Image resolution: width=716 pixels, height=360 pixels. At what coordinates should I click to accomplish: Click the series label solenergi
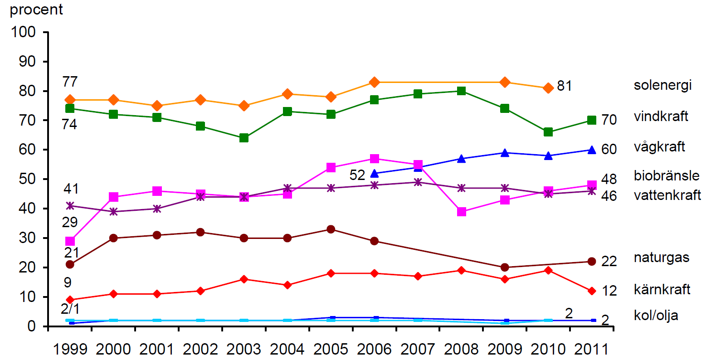click(662, 85)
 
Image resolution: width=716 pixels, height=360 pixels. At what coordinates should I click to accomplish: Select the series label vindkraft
click(661, 117)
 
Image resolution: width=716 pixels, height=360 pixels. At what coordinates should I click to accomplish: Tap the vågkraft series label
click(659, 147)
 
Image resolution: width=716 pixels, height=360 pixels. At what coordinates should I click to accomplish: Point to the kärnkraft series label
click(662, 289)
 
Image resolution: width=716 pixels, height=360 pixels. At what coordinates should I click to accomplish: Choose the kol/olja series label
click(656, 316)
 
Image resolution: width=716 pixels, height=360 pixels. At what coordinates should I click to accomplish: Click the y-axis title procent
click(36, 10)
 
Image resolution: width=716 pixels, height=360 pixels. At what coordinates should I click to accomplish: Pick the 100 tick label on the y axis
click(23, 32)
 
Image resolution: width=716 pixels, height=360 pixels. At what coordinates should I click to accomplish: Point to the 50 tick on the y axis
click(27, 179)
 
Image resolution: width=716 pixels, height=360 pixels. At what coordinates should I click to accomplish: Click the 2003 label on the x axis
click(244, 349)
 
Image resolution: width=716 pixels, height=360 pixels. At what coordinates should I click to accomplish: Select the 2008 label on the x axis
click(461, 349)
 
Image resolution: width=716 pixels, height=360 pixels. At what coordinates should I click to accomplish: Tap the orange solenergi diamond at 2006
click(374, 82)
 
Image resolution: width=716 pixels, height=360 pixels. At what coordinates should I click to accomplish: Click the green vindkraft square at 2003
click(244, 138)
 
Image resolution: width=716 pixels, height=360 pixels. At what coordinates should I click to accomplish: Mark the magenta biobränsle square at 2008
click(461, 212)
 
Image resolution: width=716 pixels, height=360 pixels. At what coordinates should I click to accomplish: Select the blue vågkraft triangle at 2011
click(592, 150)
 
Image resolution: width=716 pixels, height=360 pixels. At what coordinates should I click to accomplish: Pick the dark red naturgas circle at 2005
click(331, 229)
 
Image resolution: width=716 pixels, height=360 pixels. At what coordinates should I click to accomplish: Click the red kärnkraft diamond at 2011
click(592, 291)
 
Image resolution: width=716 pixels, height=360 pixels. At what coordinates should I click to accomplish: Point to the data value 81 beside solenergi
click(564, 86)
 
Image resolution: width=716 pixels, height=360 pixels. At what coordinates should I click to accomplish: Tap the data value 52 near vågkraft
click(357, 175)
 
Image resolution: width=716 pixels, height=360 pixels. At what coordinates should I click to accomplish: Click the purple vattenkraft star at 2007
click(418, 182)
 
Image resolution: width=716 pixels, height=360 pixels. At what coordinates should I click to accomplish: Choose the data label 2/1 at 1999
click(70, 309)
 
